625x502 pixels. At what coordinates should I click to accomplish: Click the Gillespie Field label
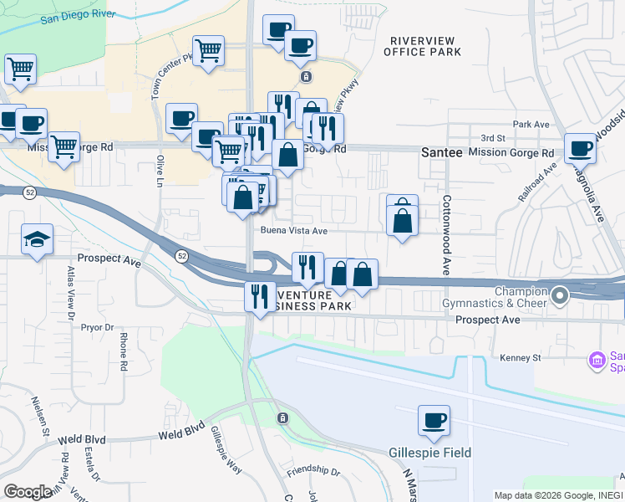430,453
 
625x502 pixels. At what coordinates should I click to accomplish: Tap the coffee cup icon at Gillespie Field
434,421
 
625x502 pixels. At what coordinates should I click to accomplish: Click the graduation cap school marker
38,239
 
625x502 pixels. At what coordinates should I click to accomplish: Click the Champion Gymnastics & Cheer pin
559,295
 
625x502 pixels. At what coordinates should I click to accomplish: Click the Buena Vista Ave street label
293,230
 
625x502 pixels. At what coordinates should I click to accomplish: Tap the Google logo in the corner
28,492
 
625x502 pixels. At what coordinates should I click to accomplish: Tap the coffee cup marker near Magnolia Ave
580,149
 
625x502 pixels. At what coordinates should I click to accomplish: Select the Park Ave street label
531,124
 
